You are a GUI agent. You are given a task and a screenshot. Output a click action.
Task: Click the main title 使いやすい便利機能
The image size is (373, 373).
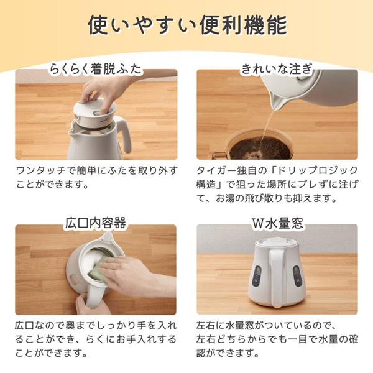[x=186, y=26]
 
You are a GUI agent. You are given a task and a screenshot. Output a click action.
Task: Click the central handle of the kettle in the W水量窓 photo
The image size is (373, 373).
[x=277, y=277]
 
